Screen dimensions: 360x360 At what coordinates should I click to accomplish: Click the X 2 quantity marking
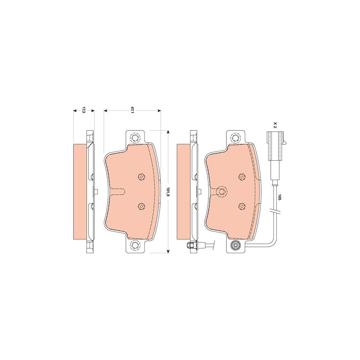click(275, 124)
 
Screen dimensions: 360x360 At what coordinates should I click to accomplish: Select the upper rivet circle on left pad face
click(141, 177)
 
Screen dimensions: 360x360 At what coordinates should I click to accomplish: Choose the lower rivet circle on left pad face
click(141, 206)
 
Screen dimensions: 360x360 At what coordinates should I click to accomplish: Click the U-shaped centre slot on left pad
click(118, 192)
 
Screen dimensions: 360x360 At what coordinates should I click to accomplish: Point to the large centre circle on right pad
click(221, 192)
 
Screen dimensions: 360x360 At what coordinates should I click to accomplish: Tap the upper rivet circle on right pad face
click(241, 177)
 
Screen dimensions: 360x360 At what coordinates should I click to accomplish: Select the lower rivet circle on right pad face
click(241, 206)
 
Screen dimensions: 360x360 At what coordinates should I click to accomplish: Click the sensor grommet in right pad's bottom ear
click(235, 246)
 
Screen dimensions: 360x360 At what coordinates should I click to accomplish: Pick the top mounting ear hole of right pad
click(235, 138)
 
